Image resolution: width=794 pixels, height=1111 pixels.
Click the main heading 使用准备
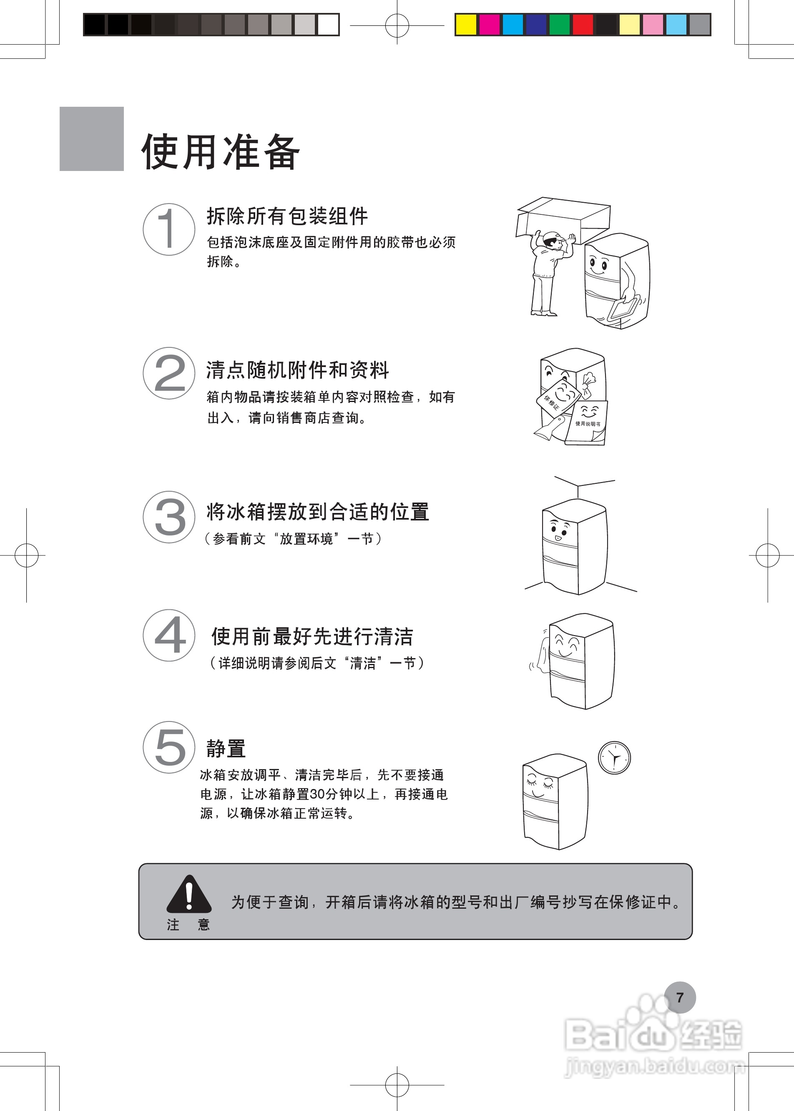(221, 152)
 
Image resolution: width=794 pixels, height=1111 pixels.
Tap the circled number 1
(168, 229)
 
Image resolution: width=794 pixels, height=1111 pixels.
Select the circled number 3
(168, 517)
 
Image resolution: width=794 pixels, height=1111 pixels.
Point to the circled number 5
(168, 747)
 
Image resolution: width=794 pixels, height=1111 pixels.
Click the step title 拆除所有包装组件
(287, 216)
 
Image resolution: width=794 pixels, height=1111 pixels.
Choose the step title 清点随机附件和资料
(297, 370)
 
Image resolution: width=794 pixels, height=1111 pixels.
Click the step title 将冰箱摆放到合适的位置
(318, 512)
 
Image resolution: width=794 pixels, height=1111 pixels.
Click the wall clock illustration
(614, 758)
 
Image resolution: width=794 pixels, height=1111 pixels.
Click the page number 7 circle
(680, 998)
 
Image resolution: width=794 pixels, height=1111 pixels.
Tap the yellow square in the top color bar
(465, 25)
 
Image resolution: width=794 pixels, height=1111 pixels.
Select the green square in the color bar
(559, 25)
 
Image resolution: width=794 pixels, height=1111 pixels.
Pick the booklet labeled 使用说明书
(588, 423)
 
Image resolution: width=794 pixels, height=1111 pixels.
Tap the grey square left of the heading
(91, 139)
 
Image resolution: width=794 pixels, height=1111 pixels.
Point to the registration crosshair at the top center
(397, 25)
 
